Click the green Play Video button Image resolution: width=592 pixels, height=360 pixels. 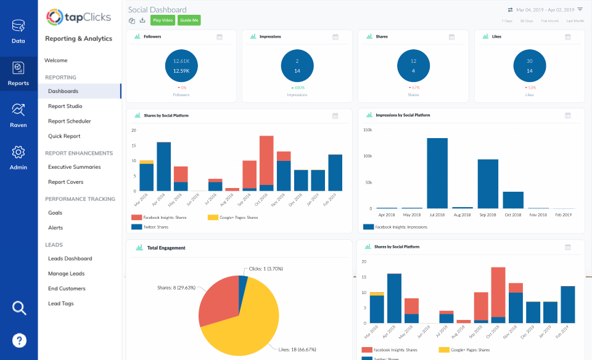click(x=163, y=20)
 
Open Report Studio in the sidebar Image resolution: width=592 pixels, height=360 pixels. click(x=65, y=106)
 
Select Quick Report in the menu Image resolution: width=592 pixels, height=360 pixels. click(x=64, y=136)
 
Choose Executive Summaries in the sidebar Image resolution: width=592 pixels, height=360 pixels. click(x=74, y=167)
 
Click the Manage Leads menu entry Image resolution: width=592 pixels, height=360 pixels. click(x=66, y=274)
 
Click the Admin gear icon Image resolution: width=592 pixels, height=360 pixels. click(x=18, y=152)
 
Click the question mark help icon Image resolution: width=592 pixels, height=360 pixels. click(x=19, y=340)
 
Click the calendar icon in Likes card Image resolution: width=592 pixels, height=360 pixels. click(x=568, y=37)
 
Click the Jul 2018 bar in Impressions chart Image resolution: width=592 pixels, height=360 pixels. click(x=437, y=174)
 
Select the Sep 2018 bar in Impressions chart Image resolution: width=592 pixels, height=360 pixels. click(x=488, y=184)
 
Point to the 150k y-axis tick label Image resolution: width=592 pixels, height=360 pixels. click(x=367, y=129)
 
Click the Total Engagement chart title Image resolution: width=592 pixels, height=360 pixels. click(x=166, y=248)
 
